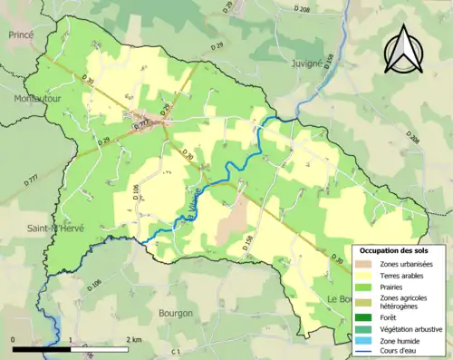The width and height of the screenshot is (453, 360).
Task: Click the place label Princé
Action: pos(20,34)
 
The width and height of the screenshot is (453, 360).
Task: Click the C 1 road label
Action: pos(178,350)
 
